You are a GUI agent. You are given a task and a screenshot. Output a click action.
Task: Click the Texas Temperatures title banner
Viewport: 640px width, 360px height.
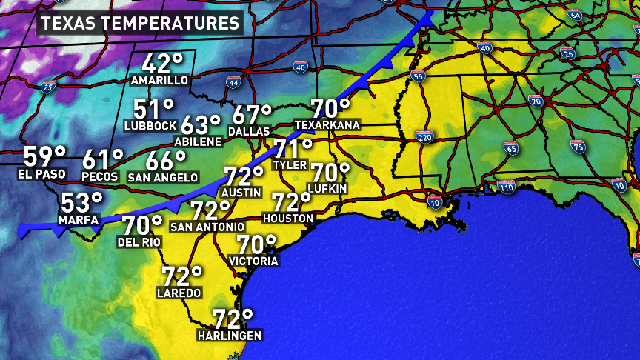tap(140, 23)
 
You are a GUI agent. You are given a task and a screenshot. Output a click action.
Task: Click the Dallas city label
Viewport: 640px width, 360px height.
tap(248, 131)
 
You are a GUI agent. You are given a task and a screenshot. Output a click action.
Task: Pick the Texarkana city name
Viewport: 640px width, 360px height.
tap(327, 124)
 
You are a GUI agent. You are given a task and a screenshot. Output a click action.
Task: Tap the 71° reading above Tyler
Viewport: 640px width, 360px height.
tap(293, 148)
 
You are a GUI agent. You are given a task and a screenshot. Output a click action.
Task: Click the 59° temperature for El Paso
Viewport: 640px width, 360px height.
tap(44, 158)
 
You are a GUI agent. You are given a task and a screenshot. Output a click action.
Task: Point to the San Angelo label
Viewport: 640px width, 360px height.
tap(163, 177)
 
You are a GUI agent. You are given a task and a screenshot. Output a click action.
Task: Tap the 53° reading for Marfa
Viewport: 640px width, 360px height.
tap(82, 202)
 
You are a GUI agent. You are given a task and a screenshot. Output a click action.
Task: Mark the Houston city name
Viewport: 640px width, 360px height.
tap(289, 219)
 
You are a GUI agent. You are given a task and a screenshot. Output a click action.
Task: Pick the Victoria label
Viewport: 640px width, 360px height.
tap(254, 261)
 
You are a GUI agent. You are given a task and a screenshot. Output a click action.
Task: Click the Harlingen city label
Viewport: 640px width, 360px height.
tap(230, 336)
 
